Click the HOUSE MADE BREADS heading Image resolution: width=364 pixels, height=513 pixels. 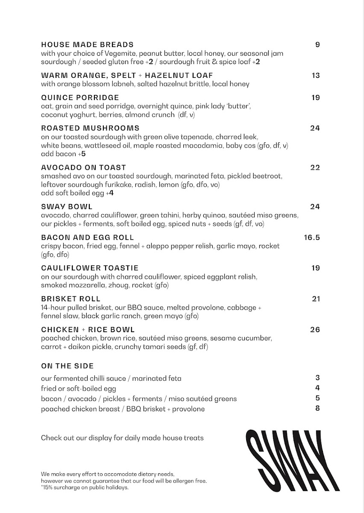87,44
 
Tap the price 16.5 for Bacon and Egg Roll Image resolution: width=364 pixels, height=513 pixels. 311,238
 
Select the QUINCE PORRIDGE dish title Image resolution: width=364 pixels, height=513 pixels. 80,97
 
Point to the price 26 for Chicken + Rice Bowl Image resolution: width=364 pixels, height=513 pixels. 315,330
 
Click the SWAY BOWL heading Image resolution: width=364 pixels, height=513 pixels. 67,207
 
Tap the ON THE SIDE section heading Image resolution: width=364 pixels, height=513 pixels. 67,366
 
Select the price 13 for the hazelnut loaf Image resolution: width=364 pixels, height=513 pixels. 316,75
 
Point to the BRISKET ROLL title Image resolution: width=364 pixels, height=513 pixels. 71,299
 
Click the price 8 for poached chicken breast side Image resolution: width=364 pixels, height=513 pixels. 317,408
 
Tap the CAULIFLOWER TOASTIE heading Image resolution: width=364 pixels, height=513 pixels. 90,268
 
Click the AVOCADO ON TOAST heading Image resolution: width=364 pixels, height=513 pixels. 83,168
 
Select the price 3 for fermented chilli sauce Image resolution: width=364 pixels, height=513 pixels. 317,377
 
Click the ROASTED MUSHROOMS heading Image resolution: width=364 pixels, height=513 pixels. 90,128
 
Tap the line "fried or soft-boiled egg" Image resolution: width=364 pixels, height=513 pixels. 79,389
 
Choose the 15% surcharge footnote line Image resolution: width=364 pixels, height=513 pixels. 85,487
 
